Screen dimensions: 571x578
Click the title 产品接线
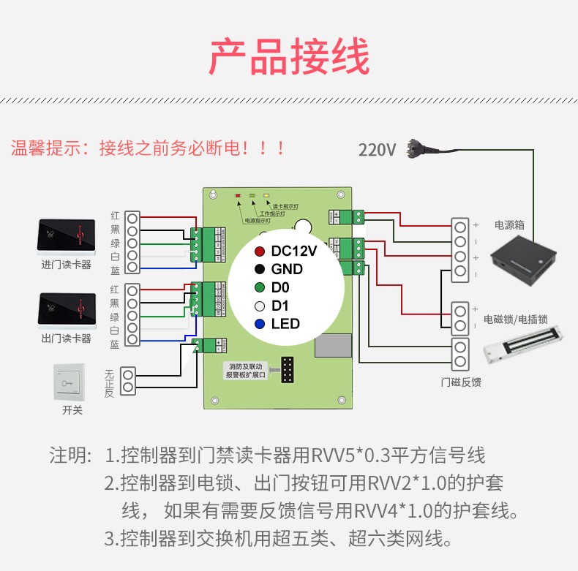[289, 57]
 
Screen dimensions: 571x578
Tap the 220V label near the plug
[377, 150]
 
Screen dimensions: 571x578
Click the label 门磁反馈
[461, 382]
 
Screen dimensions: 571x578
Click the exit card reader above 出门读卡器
[66, 310]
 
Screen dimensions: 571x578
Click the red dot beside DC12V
[260, 251]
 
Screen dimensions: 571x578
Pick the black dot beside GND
[260, 269]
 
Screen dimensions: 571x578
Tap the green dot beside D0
[260, 287]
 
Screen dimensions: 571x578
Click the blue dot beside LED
[260, 324]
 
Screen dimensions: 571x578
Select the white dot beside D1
[260, 306]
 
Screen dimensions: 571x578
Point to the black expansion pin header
[286, 370]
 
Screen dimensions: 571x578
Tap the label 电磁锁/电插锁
[516, 319]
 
